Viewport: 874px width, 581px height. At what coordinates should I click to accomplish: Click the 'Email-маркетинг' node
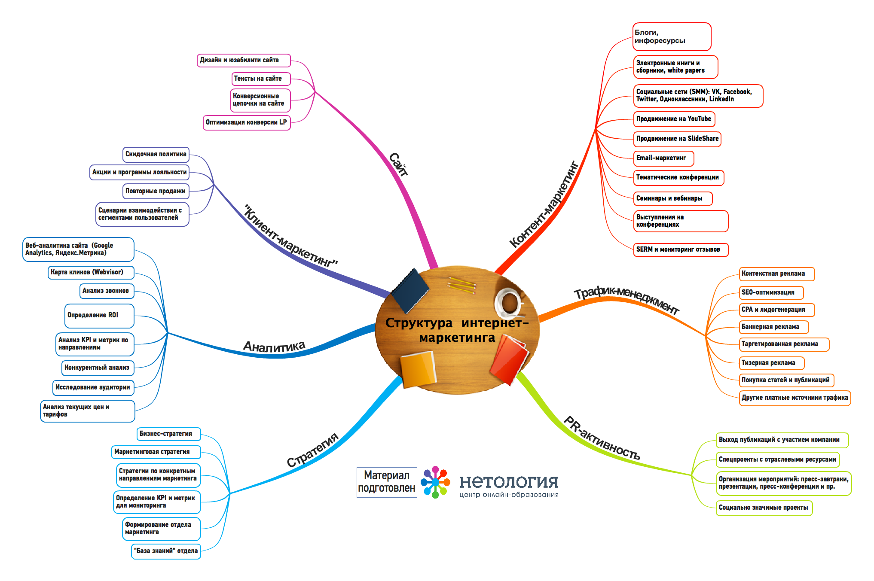663,158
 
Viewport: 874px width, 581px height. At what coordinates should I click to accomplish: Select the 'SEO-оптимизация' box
771,292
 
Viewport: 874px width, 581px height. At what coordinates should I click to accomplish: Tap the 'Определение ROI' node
99,315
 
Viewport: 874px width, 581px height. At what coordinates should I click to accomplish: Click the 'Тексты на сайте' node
261,79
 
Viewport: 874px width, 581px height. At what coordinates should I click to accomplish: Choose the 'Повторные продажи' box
156,191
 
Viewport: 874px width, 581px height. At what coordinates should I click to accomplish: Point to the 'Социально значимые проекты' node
764,508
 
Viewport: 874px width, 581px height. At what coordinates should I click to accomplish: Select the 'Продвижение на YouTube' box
674,119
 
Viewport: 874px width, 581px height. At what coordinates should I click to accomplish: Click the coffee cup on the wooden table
509,301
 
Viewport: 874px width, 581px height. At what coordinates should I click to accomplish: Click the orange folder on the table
417,369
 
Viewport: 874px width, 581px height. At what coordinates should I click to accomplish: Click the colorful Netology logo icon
435,482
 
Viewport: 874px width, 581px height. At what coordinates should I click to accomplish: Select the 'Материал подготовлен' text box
386,482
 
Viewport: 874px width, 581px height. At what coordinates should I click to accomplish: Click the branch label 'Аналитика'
274,346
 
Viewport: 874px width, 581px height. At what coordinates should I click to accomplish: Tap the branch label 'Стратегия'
312,450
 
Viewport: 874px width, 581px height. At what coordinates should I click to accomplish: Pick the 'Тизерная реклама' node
771,363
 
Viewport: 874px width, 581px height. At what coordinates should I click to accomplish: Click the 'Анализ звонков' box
107,291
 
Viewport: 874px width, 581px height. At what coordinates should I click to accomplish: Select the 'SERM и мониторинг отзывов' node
681,249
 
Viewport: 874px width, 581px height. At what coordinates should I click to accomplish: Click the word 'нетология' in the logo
509,482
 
